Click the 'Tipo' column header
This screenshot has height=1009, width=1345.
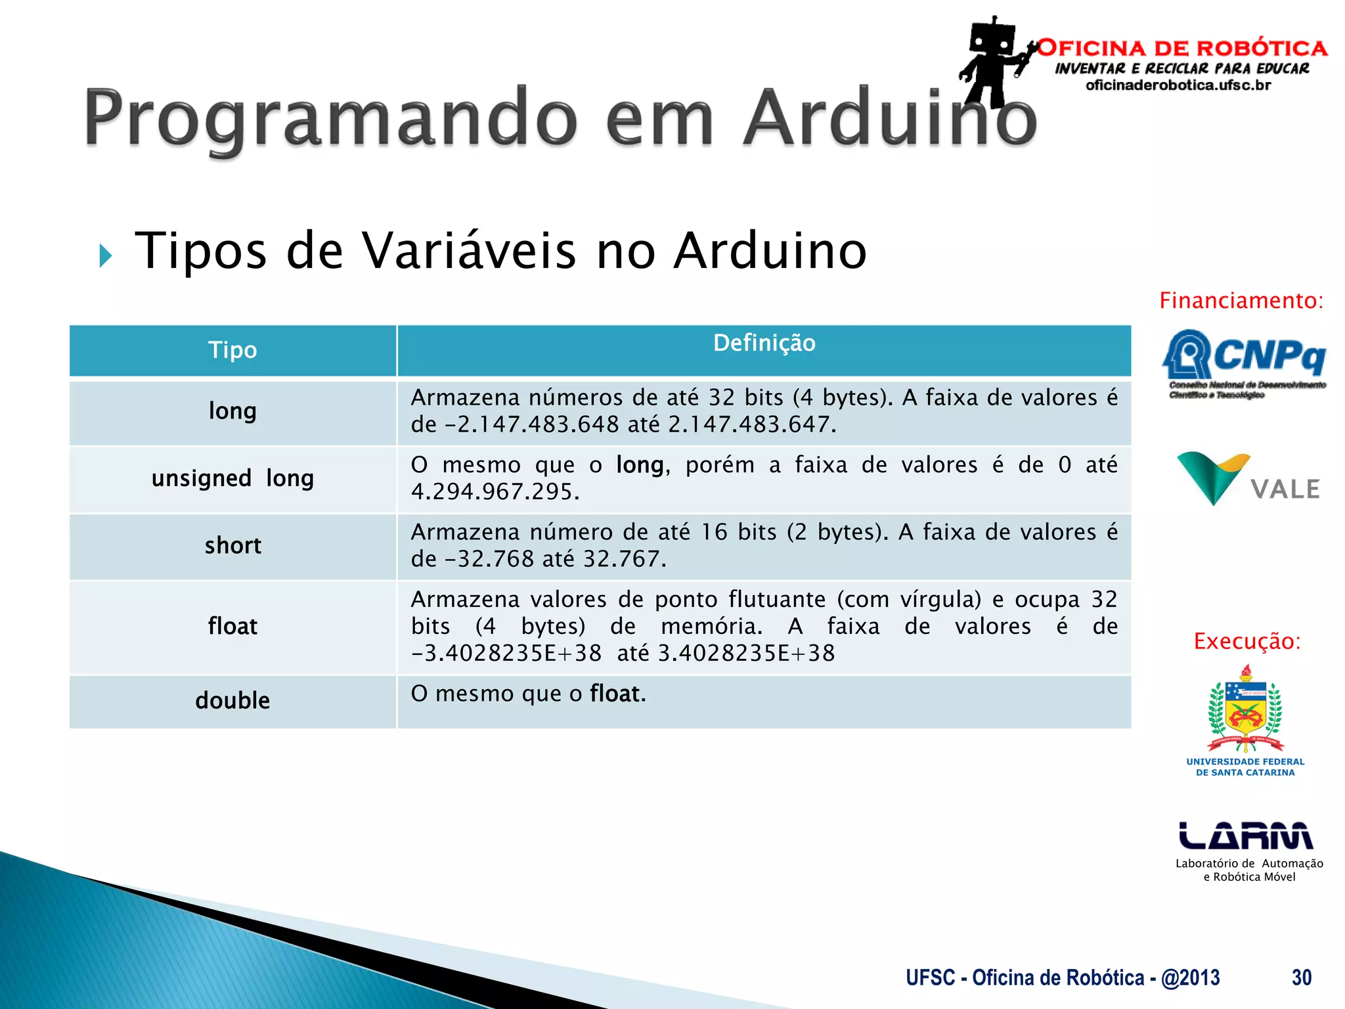click(x=232, y=350)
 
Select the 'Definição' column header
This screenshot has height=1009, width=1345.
click(x=764, y=343)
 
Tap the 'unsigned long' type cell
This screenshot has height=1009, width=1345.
click(x=232, y=478)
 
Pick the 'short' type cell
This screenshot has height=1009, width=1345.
click(x=232, y=546)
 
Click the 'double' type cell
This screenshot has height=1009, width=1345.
click(x=232, y=700)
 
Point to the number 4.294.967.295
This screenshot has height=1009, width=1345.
click(x=495, y=492)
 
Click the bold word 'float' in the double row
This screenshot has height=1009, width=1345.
click(x=617, y=694)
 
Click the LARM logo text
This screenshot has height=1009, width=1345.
click(x=1246, y=836)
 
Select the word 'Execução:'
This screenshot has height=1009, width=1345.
click(x=1246, y=641)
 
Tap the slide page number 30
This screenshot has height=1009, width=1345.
click(x=1301, y=977)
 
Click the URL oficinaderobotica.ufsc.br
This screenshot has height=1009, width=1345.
click(x=1178, y=85)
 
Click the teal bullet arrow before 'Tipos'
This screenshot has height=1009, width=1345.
click(x=105, y=256)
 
